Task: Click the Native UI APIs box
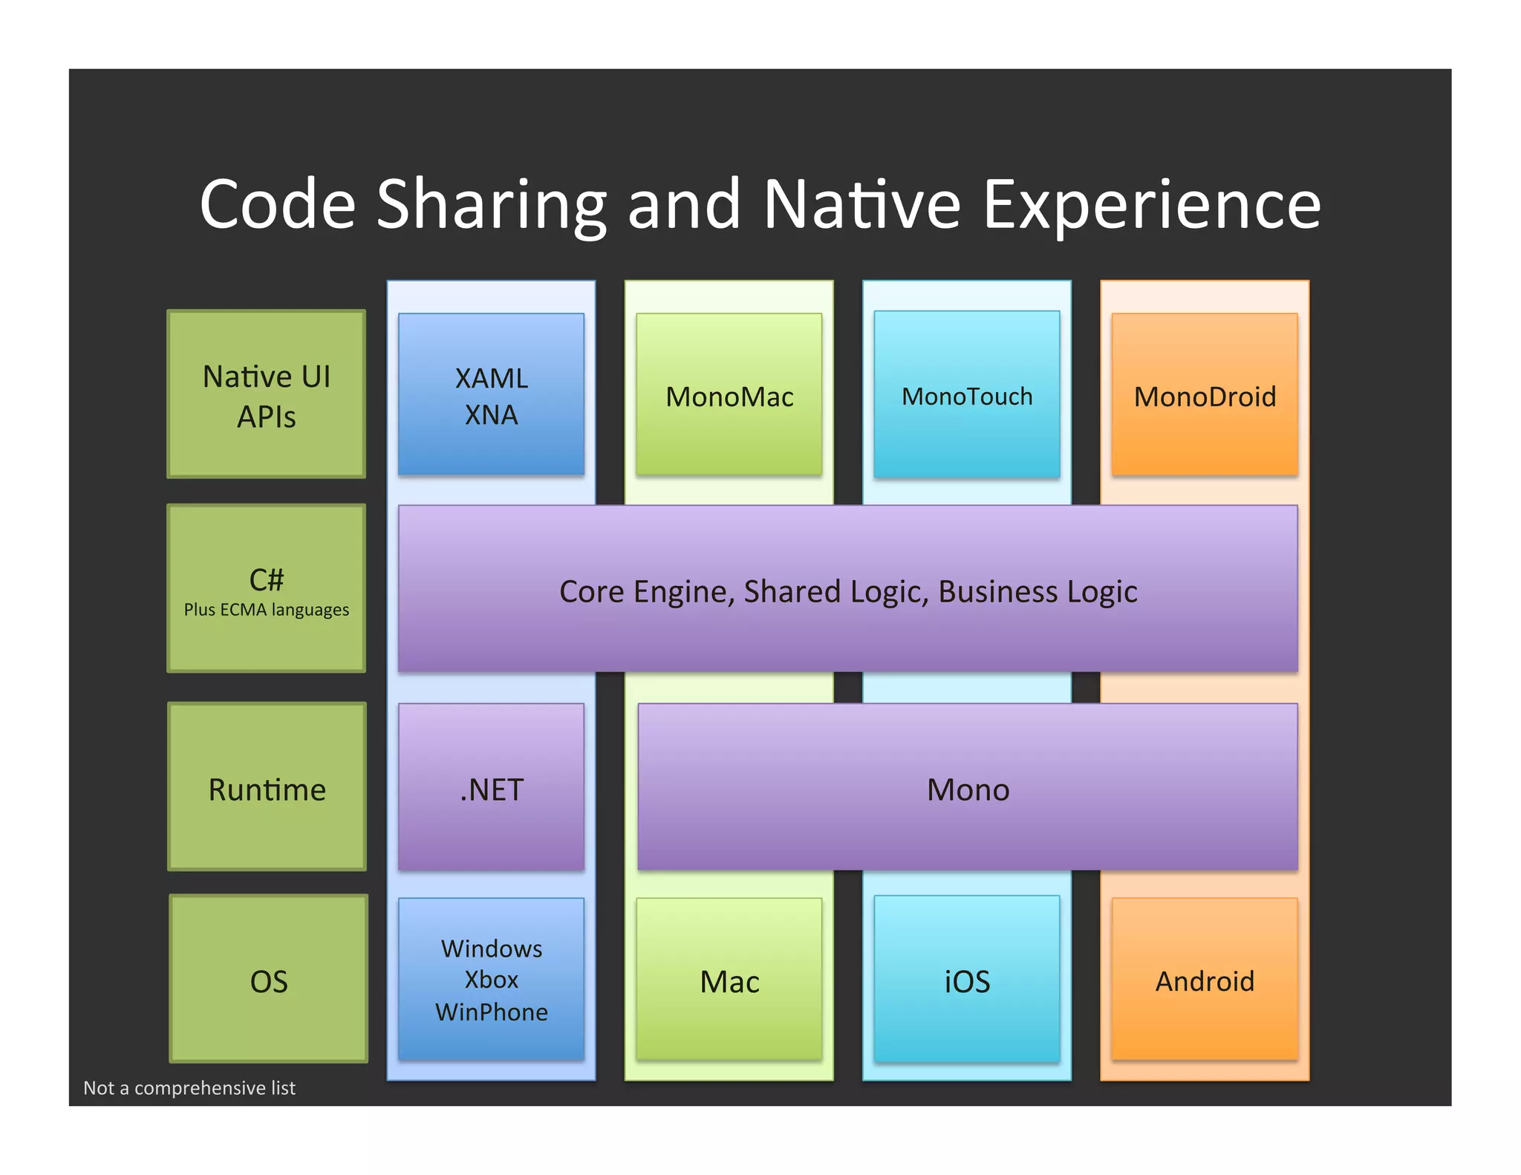267,394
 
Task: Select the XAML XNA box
491,394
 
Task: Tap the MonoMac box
729,394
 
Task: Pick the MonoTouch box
966,394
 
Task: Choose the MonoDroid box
1204,394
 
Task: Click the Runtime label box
267,787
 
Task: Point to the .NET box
491,787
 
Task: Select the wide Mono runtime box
967,787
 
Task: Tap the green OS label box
268,979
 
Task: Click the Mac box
729,979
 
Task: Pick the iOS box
966,979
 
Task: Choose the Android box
1204,979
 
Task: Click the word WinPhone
491,1012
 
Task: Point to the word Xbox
491,980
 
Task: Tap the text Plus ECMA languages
267,610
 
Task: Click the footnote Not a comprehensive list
189,1088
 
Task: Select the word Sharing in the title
492,206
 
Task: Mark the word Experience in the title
1151,206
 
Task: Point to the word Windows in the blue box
491,948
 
